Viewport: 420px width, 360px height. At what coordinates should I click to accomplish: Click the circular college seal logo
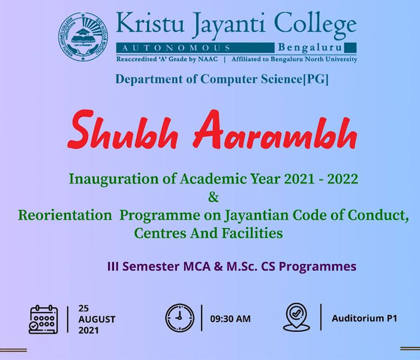point(83,37)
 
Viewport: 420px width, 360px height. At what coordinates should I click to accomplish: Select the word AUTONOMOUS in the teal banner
point(176,48)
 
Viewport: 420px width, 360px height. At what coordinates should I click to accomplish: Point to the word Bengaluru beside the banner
point(310,47)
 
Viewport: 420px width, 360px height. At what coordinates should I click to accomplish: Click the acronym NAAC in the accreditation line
point(208,59)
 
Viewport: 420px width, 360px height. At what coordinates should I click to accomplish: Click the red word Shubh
point(123,130)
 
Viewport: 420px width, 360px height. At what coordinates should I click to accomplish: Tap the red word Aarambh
point(275,130)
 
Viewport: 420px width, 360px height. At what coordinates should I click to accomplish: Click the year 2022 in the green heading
point(343,179)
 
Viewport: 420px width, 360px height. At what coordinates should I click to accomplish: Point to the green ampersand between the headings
point(214,197)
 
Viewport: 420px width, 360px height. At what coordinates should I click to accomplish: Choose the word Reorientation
point(65,215)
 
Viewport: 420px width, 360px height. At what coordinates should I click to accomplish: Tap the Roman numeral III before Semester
point(113,266)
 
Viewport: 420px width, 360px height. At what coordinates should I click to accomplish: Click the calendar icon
point(43,319)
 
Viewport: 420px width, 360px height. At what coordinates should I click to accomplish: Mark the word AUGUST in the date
point(97,319)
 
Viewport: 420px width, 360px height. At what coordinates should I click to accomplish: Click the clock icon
point(179,318)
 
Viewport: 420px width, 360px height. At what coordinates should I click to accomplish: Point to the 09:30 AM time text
point(230,319)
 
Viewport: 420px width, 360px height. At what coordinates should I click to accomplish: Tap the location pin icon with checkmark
point(296,317)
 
